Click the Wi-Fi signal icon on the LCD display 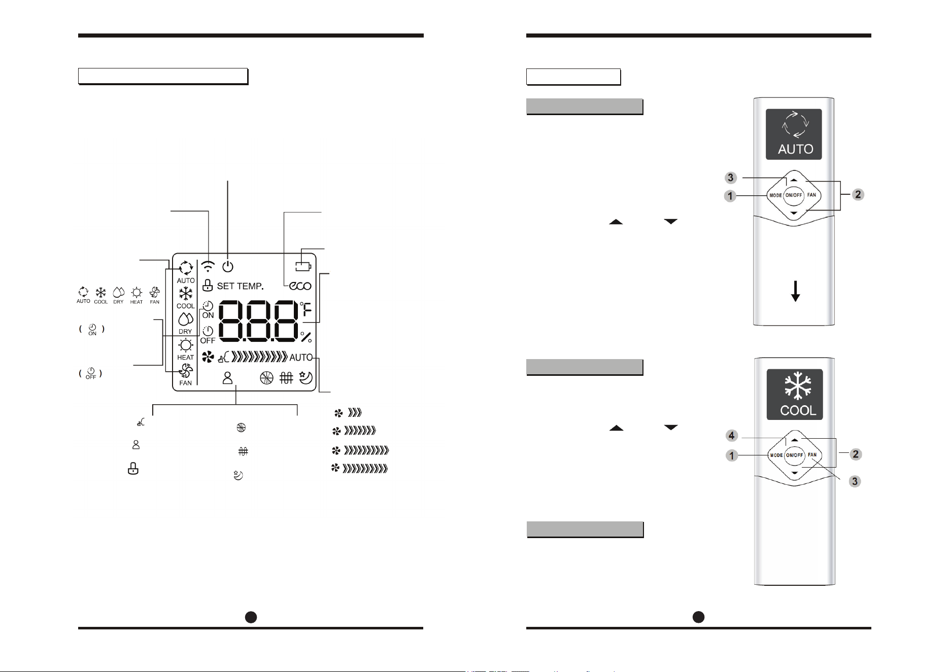[208, 266]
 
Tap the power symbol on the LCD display [228, 266]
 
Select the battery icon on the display [303, 266]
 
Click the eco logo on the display [300, 286]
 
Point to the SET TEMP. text [240, 286]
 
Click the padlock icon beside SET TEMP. [207, 285]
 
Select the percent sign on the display [306, 337]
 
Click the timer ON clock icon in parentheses [92, 329]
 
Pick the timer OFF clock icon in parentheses [91, 373]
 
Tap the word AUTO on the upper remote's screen [796, 149]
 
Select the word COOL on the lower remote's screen [798, 410]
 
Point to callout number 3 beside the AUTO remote [730, 178]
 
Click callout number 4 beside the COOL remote [731, 436]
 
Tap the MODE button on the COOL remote [776, 455]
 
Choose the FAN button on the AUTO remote [812, 195]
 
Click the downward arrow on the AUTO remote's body [796, 291]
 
